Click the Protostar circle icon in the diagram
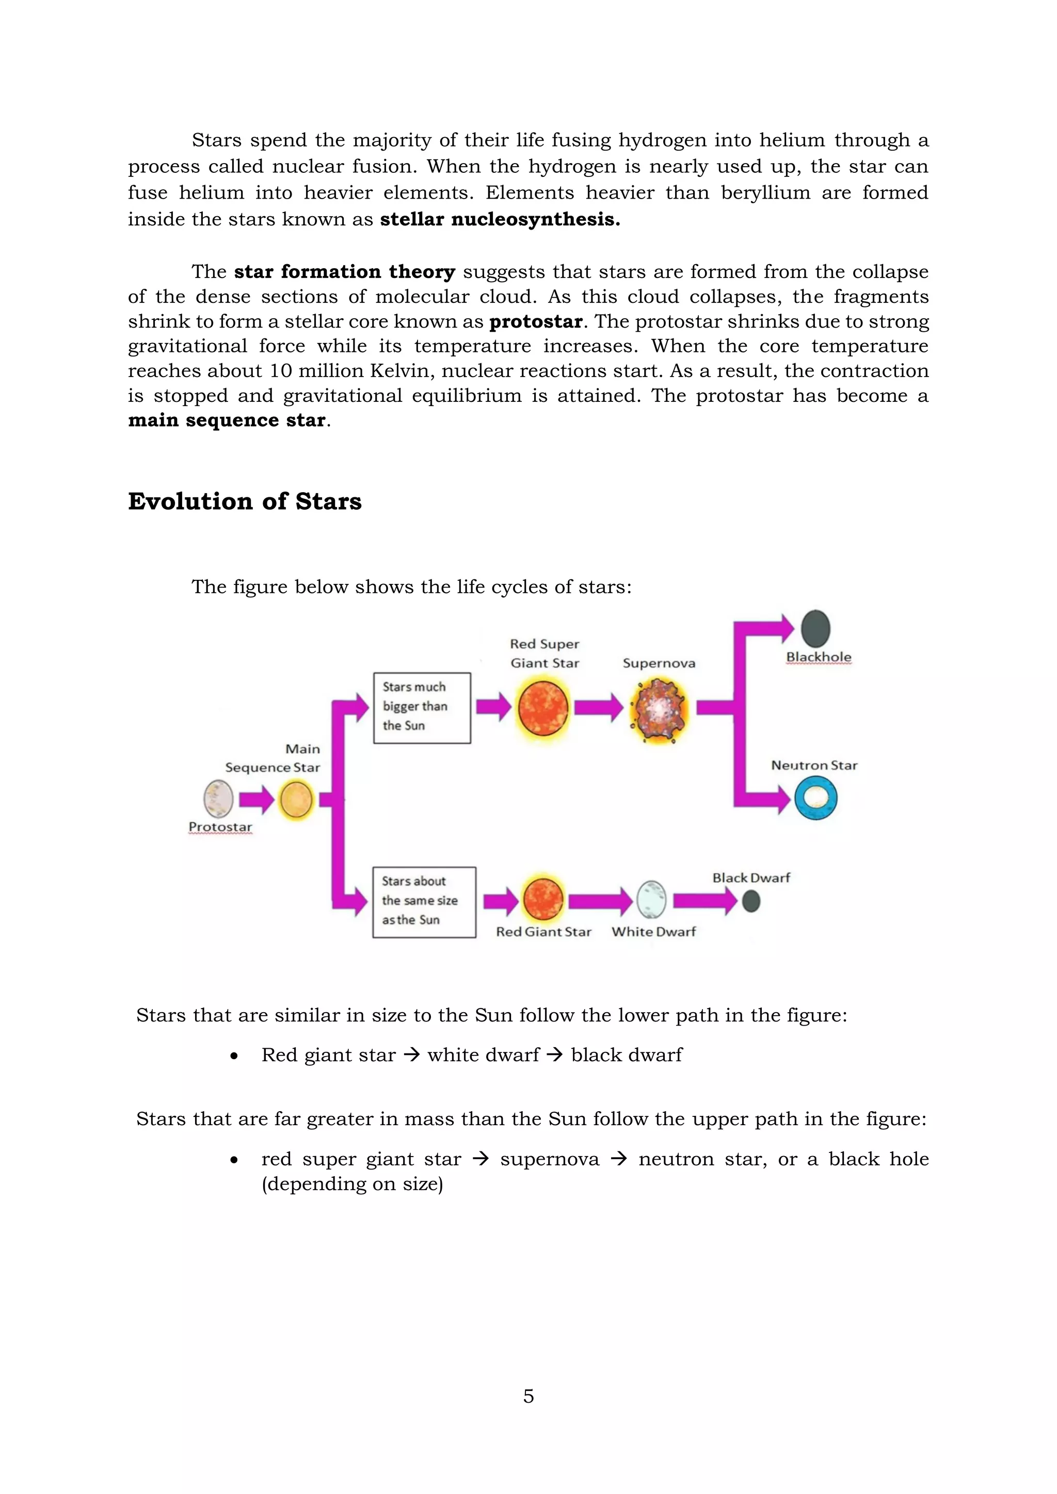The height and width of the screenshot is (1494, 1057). [219, 799]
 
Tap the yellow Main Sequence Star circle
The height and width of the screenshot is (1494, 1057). [296, 799]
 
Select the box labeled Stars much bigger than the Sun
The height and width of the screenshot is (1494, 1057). [422, 707]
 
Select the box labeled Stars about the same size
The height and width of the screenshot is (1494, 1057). [424, 902]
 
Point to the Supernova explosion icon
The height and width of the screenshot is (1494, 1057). [659, 709]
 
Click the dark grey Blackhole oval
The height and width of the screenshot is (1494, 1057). [815, 628]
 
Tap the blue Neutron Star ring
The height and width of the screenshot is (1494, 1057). [815, 799]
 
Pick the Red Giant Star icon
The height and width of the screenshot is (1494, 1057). [543, 899]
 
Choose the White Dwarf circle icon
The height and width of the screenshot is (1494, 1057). [651, 900]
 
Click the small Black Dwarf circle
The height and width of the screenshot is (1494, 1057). [751, 901]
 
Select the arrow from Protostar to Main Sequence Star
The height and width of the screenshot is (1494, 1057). [257, 799]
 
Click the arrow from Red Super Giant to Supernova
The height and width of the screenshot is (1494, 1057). [598, 707]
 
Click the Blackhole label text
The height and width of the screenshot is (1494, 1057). [818, 657]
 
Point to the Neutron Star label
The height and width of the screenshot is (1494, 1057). [814, 765]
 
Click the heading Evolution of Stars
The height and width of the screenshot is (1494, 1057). [245, 501]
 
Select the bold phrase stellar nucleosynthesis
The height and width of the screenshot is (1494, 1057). [500, 219]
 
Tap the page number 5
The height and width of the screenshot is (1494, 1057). [528, 1396]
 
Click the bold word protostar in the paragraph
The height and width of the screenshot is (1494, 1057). [536, 321]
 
